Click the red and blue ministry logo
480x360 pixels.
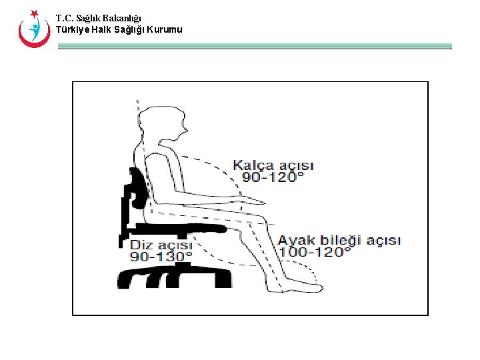pos(33,29)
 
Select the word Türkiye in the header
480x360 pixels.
pos(71,29)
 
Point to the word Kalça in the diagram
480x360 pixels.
pos(250,165)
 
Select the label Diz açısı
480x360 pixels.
pos(161,245)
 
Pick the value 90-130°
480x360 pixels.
pos(161,257)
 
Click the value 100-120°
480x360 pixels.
pos(314,252)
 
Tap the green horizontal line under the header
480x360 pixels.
pos(254,47)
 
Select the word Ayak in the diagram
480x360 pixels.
pos(295,240)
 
